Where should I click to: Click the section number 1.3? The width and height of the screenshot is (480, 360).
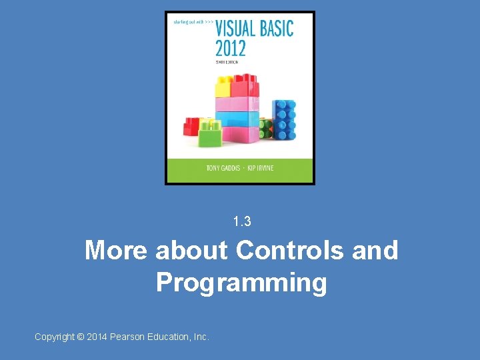(x=242, y=221)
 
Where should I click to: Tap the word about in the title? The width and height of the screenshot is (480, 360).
(x=191, y=251)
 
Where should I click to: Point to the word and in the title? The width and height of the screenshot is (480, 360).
(x=375, y=251)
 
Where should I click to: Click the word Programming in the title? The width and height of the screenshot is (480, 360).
(x=241, y=283)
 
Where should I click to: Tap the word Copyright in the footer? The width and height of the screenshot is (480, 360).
(x=55, y=337)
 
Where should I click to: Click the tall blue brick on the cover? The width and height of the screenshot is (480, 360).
(x=285, y=119)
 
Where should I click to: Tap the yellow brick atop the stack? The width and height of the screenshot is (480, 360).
(x=222, y=86)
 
